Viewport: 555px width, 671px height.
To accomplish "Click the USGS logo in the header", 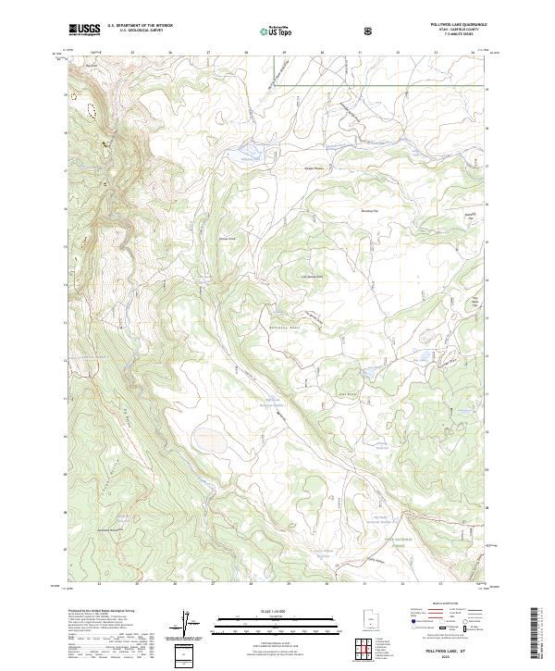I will [x=84, y=30].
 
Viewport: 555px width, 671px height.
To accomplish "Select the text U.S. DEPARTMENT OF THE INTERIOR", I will [x=140, y=26].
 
